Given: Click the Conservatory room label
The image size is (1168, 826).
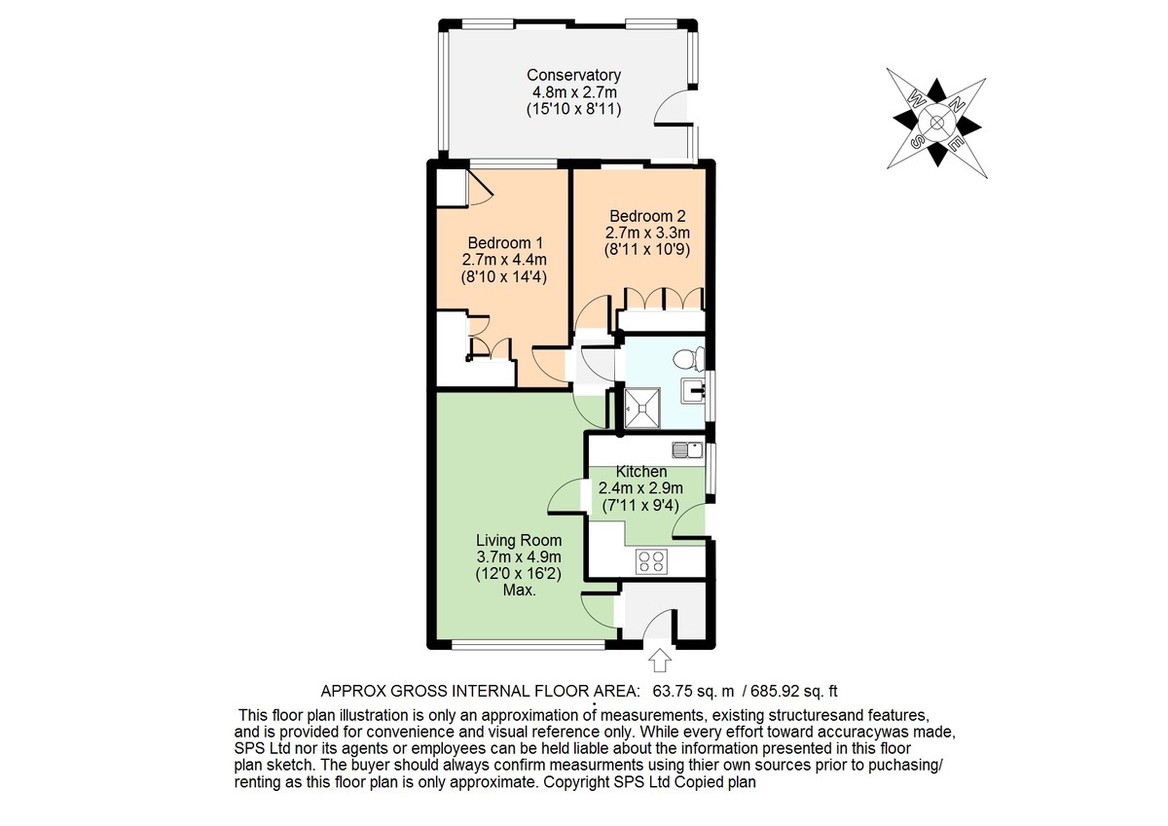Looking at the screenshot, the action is point(573,75).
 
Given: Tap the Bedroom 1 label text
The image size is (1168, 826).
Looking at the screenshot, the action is point(505,243).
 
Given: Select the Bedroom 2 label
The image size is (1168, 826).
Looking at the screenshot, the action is point(647,216).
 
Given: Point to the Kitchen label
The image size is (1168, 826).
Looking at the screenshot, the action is point(641,472).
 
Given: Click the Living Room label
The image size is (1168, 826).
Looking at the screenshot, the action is point(520,540).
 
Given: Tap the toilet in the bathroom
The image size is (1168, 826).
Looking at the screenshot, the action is point(688,359).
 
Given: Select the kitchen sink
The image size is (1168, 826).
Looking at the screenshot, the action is point(687,449).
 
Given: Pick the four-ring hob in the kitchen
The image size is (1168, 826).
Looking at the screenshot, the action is point(651,562).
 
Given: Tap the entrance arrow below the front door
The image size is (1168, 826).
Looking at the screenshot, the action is point(660,661).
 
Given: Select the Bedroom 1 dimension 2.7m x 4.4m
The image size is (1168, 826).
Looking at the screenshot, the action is point(504,260).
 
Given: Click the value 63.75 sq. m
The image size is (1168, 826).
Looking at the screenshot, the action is point(693,692).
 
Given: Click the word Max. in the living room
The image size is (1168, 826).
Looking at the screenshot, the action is point(520,591).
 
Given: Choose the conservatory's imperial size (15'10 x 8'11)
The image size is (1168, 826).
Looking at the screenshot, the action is point(573,109).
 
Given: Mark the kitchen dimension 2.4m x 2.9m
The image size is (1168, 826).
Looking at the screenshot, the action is point(640,488).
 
